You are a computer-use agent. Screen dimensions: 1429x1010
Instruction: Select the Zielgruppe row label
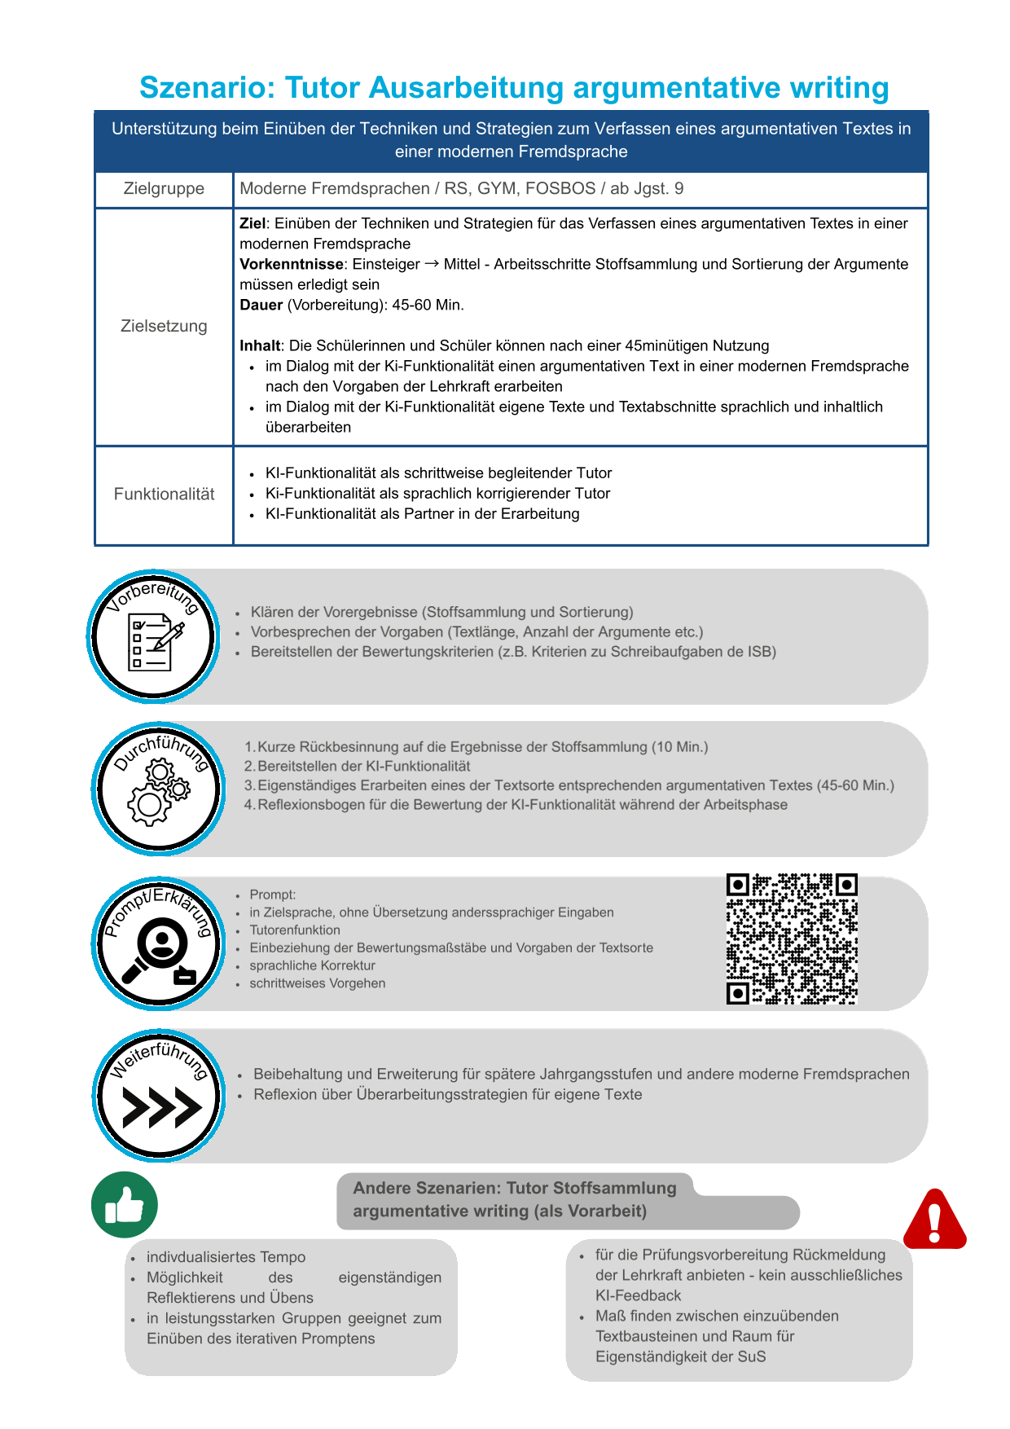(164, 188)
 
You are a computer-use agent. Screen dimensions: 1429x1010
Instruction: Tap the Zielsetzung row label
(164, 326)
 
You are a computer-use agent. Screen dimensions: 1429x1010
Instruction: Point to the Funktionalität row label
(164, 494)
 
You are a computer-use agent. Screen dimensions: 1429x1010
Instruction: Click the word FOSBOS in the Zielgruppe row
(560, 188)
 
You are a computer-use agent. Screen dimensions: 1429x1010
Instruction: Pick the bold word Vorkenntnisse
(291, 264)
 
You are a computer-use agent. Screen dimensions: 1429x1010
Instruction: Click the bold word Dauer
(261, 305)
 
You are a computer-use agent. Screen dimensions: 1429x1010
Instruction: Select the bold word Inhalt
(260, 345)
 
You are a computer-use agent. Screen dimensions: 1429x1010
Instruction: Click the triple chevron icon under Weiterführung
(161, 1107)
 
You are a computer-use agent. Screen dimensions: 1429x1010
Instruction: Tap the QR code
(791, 939)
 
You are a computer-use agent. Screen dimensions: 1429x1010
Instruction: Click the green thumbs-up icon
(125, 1205)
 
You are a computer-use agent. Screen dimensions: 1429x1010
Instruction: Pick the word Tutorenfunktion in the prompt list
(295, 930)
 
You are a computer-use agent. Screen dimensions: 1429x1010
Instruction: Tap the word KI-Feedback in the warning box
(638, 1295)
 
